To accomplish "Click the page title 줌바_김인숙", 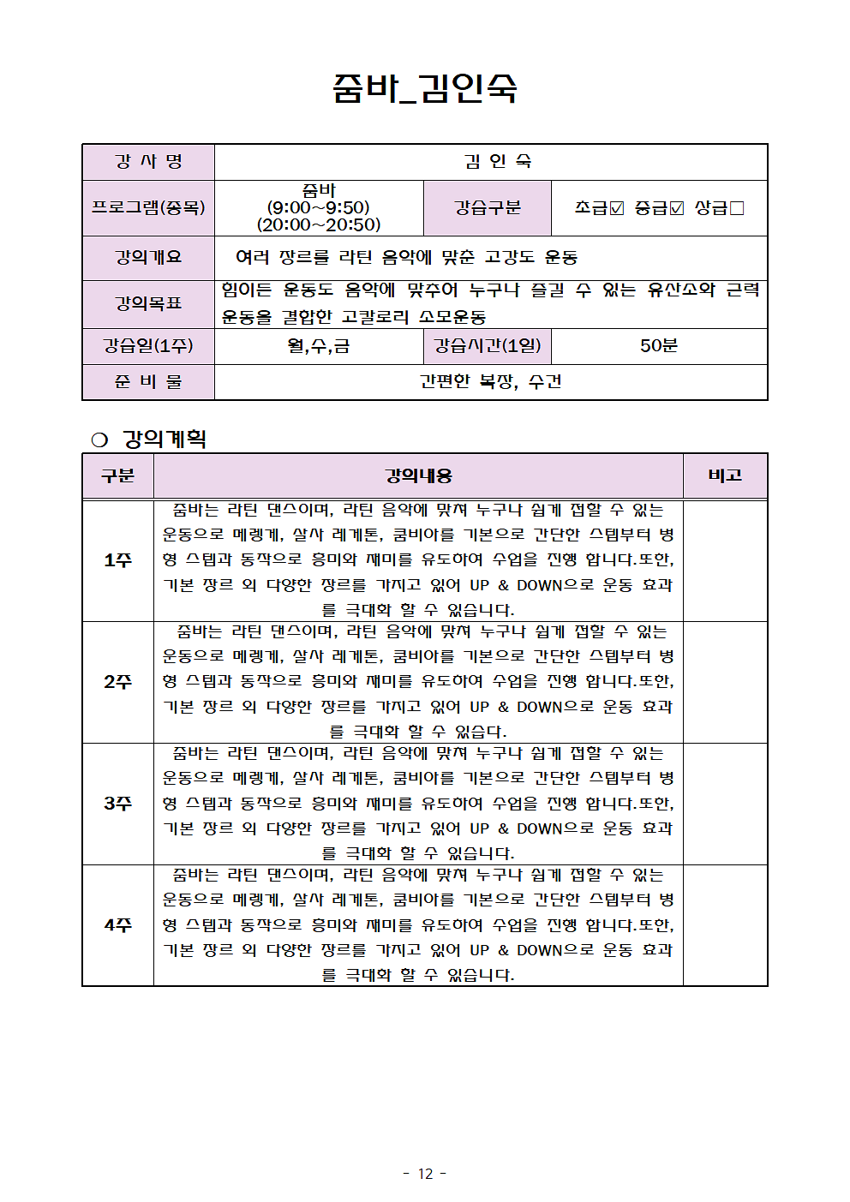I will [x=425, y=87].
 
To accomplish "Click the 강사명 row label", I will [x=148, y=161].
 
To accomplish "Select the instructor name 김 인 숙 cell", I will [x=497, y=161].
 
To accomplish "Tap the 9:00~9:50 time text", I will [x=318, y=207].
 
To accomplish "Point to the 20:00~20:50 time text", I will [x=318, y=224].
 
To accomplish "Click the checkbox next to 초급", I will [x=617, y=208].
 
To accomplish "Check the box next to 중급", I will [x=677, y=208].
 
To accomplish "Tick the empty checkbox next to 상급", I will [x=737, y=208].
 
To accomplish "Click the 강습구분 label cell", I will [x=487, y=207].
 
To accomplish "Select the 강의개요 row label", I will [x=148, y=257].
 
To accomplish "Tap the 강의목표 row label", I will [x=148, y=303].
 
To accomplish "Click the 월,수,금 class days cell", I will [x=318, y=346].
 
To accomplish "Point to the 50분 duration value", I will [x=658, y=346].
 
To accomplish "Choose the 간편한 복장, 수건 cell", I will [x=490, y=381].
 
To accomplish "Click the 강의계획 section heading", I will [x=164, y=440].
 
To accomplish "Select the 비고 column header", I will [x=725, y=475].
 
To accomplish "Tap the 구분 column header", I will [x=117, y=475].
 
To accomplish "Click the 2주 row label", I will [x=117, y=682].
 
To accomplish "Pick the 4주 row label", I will [x=117, y=925].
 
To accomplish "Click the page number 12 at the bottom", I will [x=425, y=1174].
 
